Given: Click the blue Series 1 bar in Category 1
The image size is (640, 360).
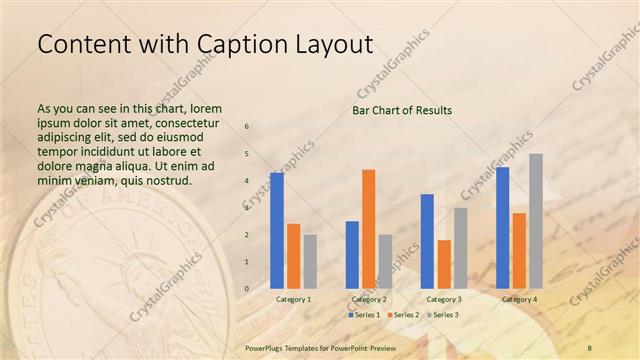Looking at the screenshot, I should [277, 231].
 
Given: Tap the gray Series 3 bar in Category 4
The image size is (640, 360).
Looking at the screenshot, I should [536, 221].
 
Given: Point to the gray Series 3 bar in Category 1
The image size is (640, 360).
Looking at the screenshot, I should [310, 261].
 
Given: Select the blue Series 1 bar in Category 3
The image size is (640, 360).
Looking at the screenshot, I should [427, 241].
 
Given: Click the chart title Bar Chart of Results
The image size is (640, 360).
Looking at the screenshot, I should [402, 110].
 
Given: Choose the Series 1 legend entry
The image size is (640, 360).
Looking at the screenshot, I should [364, 315].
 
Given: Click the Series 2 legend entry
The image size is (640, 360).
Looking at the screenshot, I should [403, 315].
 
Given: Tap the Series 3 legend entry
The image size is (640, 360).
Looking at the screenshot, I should [443, 315].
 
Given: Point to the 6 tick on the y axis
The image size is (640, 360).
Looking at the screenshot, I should [248, 127].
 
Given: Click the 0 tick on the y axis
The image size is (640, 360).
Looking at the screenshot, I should [248, 289].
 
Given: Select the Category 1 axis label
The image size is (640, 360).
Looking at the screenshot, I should [293, 299].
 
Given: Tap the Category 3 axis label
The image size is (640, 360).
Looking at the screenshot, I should [444, 299].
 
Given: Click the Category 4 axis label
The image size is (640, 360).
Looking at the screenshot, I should [519, 299].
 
